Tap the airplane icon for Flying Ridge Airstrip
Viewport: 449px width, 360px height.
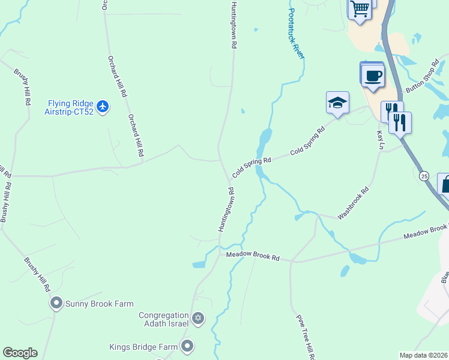coord(103,107)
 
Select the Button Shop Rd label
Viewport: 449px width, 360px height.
coord(423,76)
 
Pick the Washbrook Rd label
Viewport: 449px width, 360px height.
coord(352,203)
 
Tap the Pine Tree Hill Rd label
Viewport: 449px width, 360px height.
coord(304,337)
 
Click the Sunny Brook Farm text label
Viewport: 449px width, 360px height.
coord(100,304)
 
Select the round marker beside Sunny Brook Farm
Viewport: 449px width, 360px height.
coord(56,304)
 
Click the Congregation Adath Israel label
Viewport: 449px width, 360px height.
coord(164,319)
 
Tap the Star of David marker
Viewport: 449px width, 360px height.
coord(198,318)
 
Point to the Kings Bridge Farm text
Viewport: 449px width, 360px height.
coord(143,347)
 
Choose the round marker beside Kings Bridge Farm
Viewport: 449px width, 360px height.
coord(187,346)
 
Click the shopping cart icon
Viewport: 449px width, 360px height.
coord(360,8)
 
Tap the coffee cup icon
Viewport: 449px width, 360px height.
coord(373,76)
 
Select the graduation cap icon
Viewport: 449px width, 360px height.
coord(337,103)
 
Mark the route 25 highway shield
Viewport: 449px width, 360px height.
coord(424,175)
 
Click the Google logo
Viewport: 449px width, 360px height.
coord(20,353)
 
